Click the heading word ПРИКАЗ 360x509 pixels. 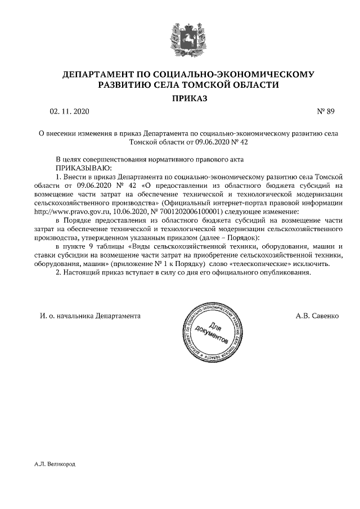tap(180, 98)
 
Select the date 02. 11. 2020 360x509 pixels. tap(69, 111)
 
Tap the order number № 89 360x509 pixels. tap(326, 111)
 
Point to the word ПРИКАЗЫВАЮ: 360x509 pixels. tap(84, 168)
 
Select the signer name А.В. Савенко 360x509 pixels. tap(317, 316)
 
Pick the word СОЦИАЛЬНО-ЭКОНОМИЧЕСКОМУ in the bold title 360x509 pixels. tap(233, 74)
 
